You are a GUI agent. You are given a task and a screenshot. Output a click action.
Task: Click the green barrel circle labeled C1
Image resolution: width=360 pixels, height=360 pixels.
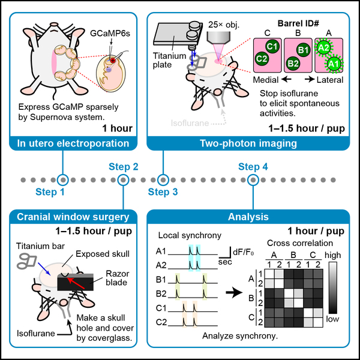(272, 47)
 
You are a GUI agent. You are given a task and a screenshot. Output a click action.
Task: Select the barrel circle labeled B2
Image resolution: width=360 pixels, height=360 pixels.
(293, 63)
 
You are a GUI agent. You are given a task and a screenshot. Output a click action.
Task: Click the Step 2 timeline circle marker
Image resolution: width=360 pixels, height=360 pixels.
(123, 180)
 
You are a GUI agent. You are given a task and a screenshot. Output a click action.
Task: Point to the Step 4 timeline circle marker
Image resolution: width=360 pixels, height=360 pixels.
(253, 180)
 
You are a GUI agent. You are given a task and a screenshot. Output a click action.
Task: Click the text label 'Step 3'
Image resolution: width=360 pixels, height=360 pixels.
(163, 192)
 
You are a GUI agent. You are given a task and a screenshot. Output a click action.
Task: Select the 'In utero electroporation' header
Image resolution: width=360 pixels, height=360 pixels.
(73, 143)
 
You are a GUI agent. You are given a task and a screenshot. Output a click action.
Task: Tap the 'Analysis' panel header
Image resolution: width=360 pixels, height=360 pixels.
(248, 217)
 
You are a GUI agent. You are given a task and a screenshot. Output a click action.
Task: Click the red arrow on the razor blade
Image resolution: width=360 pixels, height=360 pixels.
(76, 283)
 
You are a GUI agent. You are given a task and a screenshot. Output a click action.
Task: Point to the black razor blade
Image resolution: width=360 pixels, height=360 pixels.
(76, 282)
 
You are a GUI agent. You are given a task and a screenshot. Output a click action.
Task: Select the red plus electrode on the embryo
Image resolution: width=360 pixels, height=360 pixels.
(113, 61)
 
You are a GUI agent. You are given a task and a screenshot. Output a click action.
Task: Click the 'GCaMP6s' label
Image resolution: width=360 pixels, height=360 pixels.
(110, 34)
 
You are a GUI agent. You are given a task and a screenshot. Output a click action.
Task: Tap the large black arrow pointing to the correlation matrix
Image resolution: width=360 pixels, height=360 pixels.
(234, 292)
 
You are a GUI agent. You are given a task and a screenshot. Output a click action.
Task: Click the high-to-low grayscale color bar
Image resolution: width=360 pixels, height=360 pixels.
(333, 288)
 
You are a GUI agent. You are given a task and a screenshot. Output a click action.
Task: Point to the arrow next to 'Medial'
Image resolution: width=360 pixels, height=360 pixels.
(286, 80)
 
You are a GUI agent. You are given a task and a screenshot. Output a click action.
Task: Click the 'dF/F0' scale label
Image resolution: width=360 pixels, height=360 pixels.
(244, 253)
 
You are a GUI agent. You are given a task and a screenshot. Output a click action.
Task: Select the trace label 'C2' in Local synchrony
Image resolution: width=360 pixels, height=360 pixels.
(161, 322)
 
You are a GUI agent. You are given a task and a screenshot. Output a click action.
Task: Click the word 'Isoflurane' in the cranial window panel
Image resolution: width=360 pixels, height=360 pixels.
(36, 334)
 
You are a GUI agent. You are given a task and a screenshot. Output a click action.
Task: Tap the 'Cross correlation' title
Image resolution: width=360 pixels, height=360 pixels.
(300, 243)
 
